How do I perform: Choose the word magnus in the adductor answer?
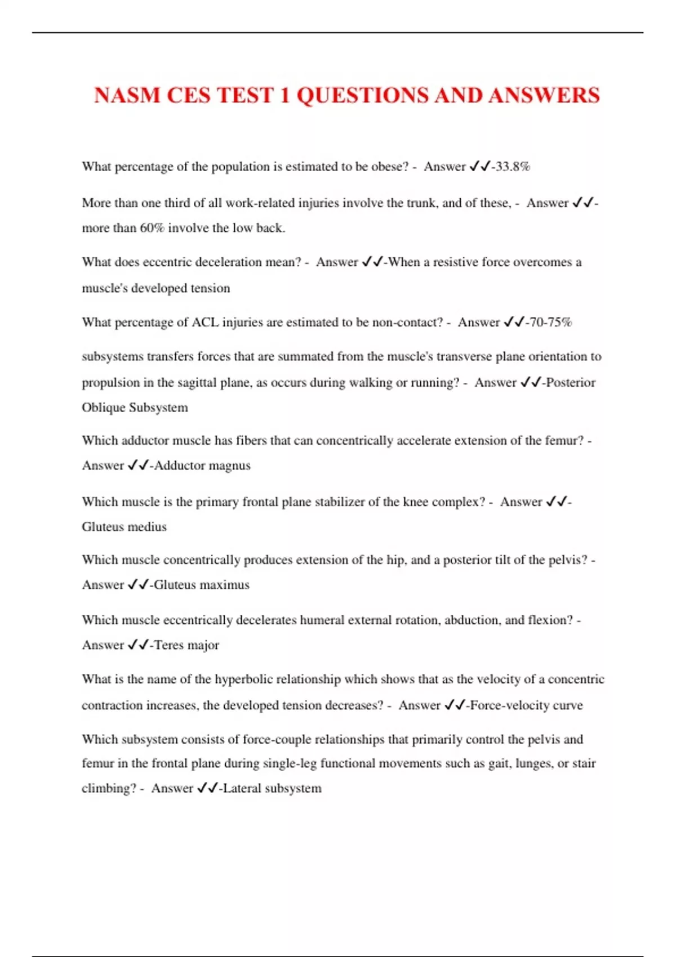[229, 466]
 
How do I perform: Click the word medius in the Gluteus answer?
[148, 527]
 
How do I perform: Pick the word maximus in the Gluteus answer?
[226, 585]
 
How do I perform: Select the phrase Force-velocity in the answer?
[510, 705]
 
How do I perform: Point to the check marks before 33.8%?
[480, 167]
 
